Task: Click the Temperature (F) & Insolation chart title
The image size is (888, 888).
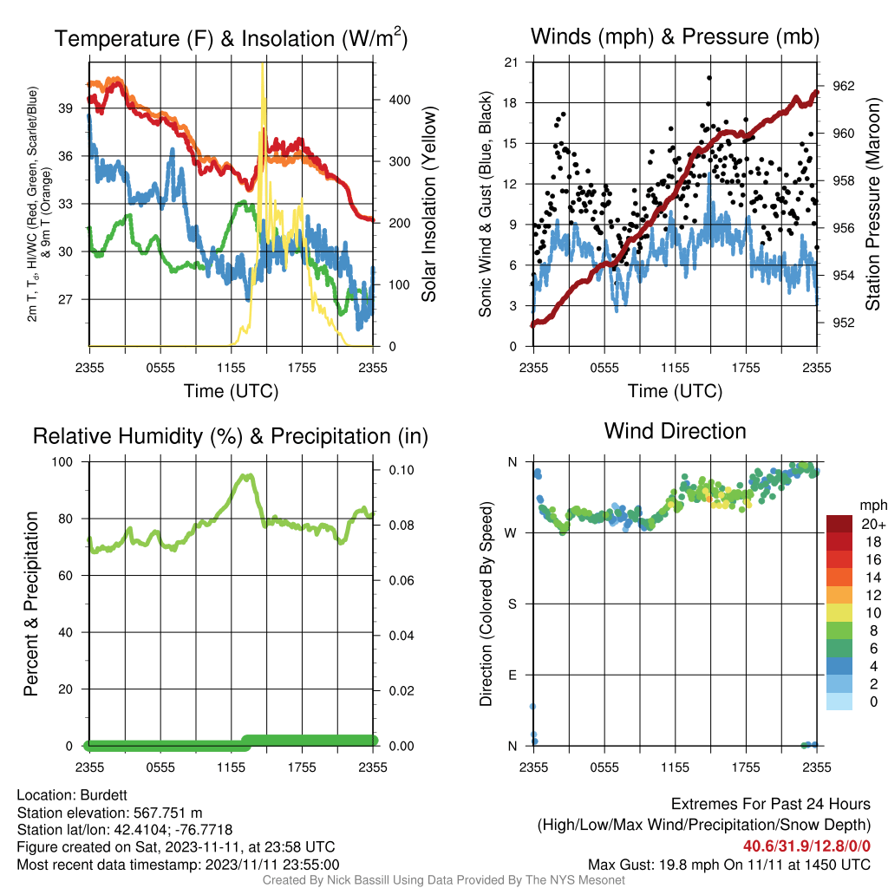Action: point(231,38)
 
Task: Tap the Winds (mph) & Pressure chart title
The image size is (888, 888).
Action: point(675,36)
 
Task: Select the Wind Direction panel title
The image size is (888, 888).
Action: point(675,431)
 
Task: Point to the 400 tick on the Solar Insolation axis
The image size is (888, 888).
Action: point(400,100)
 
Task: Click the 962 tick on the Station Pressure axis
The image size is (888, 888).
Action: point(843,86)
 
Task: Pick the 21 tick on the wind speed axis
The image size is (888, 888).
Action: point(511,62)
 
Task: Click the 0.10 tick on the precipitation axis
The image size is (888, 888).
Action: point(402,470)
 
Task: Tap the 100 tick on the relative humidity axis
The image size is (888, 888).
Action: point(62,462)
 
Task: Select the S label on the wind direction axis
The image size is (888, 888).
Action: point(512,604)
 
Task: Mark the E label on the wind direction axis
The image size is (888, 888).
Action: point(512,675)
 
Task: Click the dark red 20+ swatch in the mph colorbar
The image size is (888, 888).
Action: point(839,524)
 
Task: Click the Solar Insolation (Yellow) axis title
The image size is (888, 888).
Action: point(429,204)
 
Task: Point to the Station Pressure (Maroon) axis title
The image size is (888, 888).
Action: point(872,204)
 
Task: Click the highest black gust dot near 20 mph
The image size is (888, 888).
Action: point(709,78)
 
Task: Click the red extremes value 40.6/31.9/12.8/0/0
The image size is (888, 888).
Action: point(806,846)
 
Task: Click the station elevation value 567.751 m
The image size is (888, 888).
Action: point(167,813)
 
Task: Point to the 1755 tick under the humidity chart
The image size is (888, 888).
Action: point(302,767)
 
